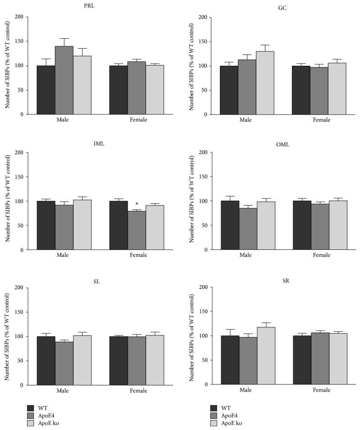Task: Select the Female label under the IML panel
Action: pos(137,255)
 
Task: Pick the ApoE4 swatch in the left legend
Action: pos(31,414)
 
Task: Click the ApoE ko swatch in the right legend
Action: pos(214,423)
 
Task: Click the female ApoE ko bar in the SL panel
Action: pos(155,360)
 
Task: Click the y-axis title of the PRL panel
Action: pos(8,66)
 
